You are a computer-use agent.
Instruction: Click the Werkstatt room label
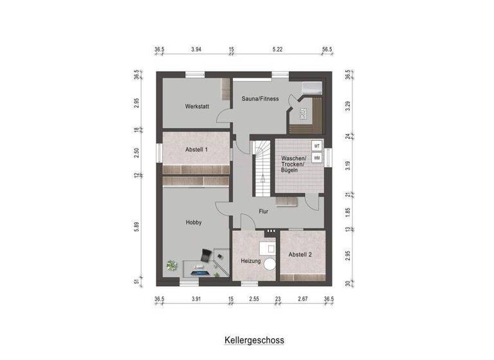[x=197, y=106]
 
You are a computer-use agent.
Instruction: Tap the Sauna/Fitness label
[x=261, y=98]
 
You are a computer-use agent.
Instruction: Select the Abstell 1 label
[x=197, y=149]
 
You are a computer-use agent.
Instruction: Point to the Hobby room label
[x=194, y=222]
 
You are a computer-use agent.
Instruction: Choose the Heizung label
[x=251, y=261]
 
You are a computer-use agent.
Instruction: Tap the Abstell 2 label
[x=300, y=255]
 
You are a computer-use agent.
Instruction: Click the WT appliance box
[x=316, y=146]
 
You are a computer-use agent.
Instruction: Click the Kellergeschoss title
[x=254, y=339]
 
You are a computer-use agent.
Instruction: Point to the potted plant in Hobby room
[x=172, y=264]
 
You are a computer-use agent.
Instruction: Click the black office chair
[x=203, y=255]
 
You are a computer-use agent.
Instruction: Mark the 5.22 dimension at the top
[x=278, y=49]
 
